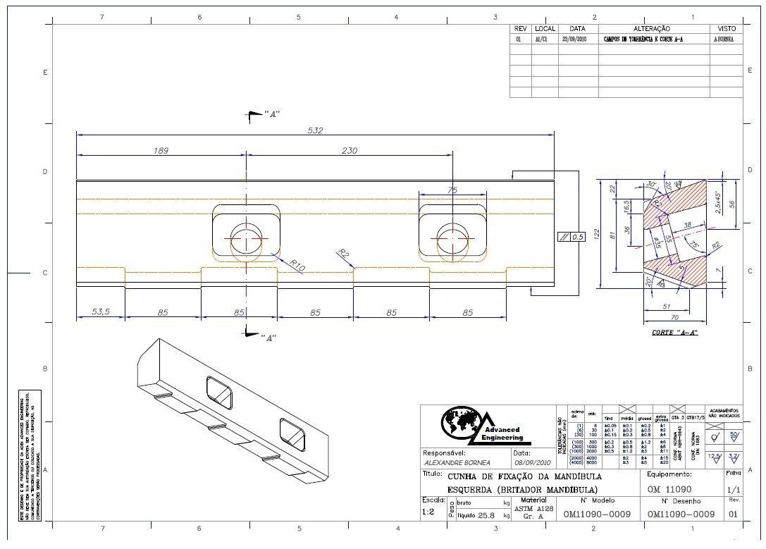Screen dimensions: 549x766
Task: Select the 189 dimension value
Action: pos(161,150)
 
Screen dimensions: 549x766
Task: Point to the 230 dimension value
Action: pos(349,150)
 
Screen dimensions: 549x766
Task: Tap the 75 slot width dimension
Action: pos(452,189)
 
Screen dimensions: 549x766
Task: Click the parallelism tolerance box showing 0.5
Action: pos(572,237)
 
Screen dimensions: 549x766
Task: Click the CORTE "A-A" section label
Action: pos(674,332)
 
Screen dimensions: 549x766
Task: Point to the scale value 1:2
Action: pos(428,512)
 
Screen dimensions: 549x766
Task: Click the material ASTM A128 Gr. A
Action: pos(533,512)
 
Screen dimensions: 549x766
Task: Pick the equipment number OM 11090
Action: pos(669,489)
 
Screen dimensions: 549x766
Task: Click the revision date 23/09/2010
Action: pos(575,40)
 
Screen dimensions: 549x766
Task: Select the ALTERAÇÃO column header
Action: pos(652,29)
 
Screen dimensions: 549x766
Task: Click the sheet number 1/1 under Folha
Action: pos(733,489)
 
